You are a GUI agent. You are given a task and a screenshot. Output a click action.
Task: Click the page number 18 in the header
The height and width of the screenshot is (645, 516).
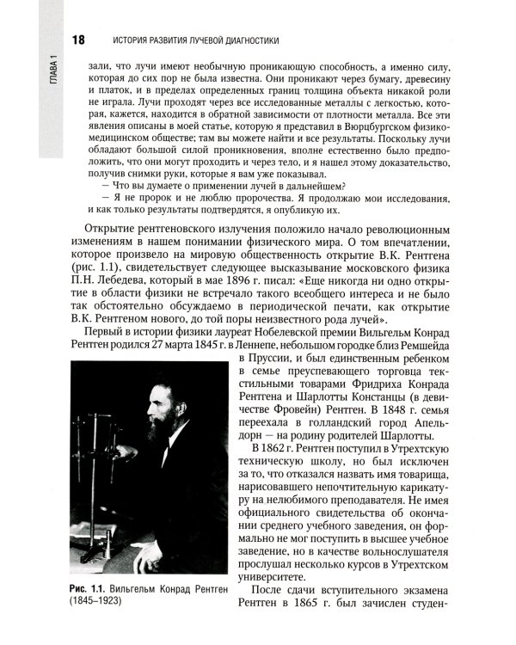[78, 40]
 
